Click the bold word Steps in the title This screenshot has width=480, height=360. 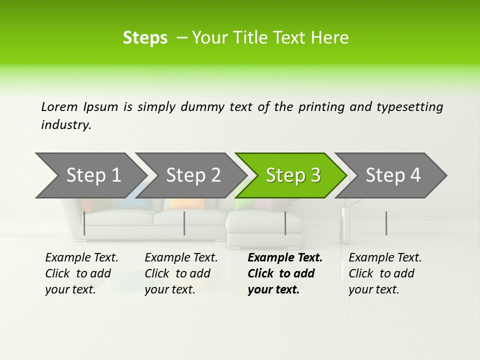pyautogui.click(x=145, y=38)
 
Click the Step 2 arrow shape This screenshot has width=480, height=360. pyautogui.click(x=193, y=175)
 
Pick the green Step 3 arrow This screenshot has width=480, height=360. pyautogui.click(x=293, y=175)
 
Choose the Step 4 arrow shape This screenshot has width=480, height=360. pyautogui.click(x=393, y=175)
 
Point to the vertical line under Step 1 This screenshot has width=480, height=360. pyautogui.click(x=84, y=223)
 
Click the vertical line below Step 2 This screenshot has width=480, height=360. pyautogui.click(x=184, y=223)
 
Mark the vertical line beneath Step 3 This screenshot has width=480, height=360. pyautogui.click(x=285, y=223)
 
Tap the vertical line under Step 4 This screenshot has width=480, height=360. pyautogui.click(x=386, y=223)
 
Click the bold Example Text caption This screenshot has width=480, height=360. pyautogui.click(x=285, y=273)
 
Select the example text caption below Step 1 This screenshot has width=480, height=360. pyautogui.click(x=81, y=273)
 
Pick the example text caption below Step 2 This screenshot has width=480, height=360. pyautogui.click(x=181, y=273)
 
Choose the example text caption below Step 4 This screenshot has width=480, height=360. pyautogui.click(x=385, y=273)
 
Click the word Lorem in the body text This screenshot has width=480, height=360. pyautogui.click(x=59, y=107)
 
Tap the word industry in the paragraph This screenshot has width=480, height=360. pyautogui.click(x=65, y=125)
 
